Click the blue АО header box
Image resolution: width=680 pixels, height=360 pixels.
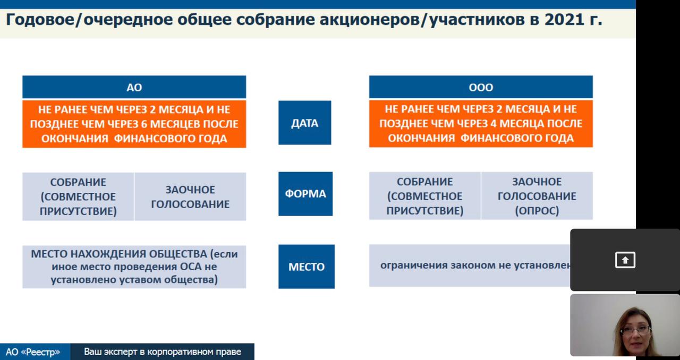(x=134, y=87)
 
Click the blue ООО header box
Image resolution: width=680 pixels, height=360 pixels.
(x=481, y=87)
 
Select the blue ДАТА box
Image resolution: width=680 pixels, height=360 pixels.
(x=305, y=123)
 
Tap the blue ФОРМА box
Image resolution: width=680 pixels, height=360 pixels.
(x=305, y=194)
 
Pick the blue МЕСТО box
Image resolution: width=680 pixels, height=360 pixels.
(x=307, y=267)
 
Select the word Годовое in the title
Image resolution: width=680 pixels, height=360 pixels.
(x=40, y=20)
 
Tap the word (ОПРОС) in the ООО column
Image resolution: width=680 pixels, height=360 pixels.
(x=537, y=210)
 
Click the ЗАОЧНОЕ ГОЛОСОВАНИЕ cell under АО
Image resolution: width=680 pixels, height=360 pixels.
(x=190, y=196)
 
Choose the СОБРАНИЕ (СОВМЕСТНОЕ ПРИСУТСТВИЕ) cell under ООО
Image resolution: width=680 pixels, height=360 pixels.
(x=424, y=196)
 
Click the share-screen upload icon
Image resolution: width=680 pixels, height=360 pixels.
(x=625, y=260)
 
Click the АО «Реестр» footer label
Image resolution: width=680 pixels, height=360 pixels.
(x=33, y=352)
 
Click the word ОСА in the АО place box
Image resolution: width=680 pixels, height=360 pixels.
(x=191, y=267)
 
